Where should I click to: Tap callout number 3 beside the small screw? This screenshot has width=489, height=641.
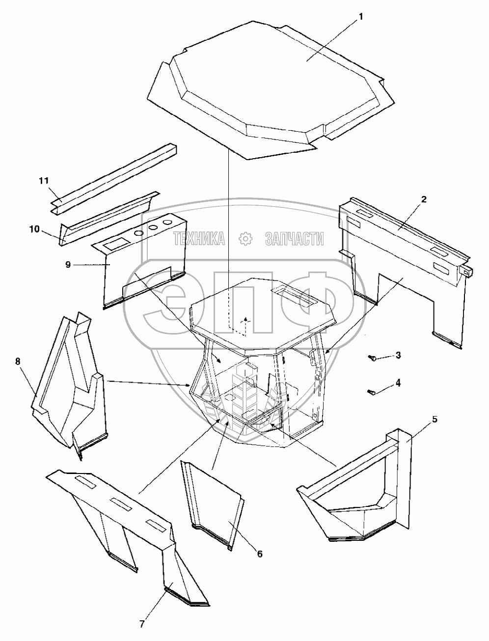[398, 355]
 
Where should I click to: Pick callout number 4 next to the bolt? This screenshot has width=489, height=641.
[398, 383]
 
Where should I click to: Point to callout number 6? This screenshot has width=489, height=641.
[259, 554]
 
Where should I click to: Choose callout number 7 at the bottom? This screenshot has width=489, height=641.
[142, 624]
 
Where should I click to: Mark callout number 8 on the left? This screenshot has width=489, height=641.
[18, 362]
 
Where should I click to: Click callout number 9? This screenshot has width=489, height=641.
[68, 264]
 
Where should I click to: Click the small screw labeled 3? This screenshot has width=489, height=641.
[373, 359]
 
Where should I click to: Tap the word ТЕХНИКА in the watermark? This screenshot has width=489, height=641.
[198, 239]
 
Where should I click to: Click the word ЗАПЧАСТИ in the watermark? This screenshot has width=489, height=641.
[294, 239]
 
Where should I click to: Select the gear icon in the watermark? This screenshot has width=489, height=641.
[244, 239]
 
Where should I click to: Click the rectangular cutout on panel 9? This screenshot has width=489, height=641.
[115, 243]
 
